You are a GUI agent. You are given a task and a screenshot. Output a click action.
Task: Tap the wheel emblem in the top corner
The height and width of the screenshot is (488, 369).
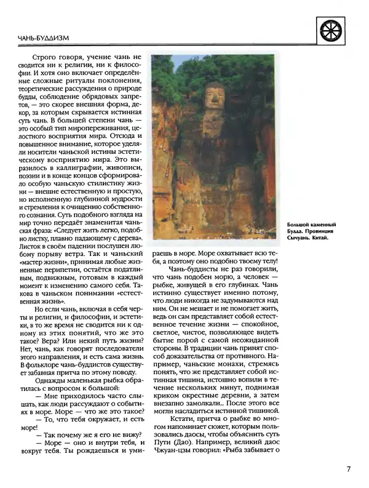click(335, 28)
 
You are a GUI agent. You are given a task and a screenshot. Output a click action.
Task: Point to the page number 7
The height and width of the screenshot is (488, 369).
click(348, 469)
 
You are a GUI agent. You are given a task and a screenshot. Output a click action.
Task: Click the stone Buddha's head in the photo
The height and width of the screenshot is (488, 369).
click(213, 97)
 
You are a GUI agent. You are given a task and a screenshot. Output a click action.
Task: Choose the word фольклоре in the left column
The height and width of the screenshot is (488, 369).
click(50, 367)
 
